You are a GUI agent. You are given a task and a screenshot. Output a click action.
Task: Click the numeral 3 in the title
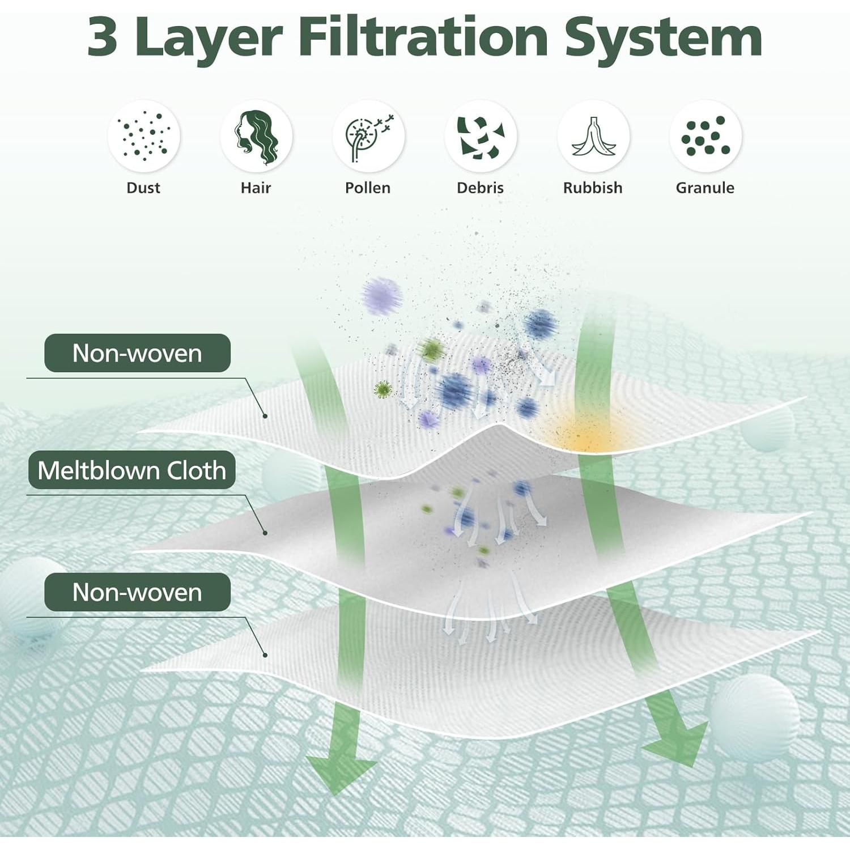tap(102, 37)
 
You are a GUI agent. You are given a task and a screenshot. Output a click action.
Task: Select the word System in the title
tap(664, 40)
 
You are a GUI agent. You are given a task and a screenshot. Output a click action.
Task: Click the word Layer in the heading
tap(209, 40)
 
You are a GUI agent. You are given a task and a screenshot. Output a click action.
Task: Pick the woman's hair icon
tap(256, 136)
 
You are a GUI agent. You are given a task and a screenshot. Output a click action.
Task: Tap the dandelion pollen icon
tap(368, 136)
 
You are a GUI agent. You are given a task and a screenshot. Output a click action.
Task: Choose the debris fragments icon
tap(481, 136)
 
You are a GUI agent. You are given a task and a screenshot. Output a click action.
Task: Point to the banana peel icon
tap(593, 136)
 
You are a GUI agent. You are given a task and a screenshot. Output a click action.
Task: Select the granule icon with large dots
tap(705, 136)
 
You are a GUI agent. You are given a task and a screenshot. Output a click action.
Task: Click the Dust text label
tap(143, 188)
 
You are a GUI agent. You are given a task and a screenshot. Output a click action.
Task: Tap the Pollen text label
tap(368, 188)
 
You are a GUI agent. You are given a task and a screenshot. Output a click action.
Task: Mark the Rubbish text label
tap(593, 188)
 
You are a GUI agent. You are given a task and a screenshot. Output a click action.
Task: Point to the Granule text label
tap(705, 188)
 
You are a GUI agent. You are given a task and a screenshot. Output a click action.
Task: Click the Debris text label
tap(480, 188)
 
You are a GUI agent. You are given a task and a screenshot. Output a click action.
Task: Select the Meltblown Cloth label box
tap(131, 470)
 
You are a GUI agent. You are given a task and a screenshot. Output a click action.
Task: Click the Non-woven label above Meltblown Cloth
tap(137, 353)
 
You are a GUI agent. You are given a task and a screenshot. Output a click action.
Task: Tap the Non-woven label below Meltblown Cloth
tap(137, 592)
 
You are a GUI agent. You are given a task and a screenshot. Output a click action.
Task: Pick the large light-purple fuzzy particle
tap(382, 296)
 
